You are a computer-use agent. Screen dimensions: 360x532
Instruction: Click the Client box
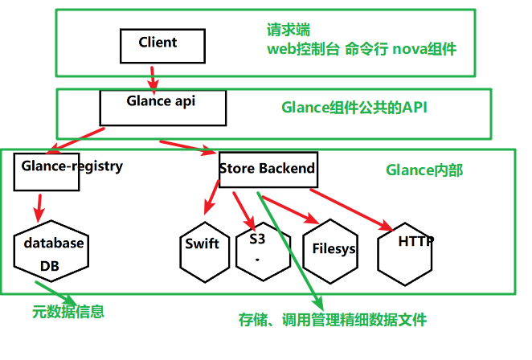(x=158, y=45)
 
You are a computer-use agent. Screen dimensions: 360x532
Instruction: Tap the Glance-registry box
(x=47, y=170)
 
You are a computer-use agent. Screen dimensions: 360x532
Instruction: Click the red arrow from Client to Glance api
(x=152, y=78)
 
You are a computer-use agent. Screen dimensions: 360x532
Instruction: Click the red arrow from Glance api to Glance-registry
(x=77, y=138)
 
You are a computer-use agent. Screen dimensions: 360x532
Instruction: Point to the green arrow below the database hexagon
(x=56, y=291)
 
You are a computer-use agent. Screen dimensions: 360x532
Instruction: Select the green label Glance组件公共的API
(x=353, y=107)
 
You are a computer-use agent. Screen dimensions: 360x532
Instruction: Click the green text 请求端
(x=289, y=30)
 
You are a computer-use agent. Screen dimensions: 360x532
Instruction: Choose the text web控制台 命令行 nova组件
(x=362, y=49)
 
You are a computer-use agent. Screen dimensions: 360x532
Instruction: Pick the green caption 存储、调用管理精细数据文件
(x=332, y=319)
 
